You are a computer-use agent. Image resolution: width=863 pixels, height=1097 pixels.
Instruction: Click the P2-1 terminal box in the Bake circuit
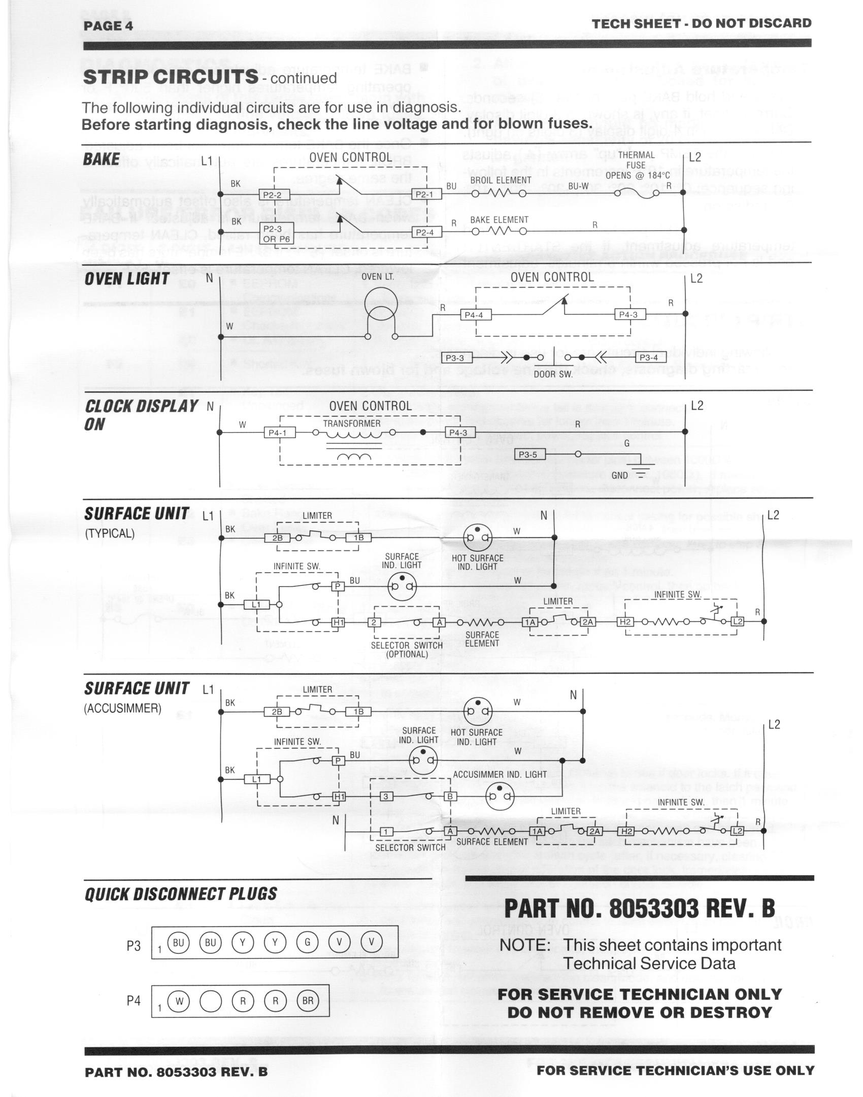tap(424, 194)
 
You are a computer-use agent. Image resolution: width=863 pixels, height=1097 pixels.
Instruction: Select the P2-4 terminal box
tap(424, 232)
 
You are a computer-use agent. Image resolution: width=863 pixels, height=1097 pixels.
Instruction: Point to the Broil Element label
tap(501, 180)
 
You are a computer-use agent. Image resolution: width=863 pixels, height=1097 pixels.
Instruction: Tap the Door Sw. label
tap(553, 374)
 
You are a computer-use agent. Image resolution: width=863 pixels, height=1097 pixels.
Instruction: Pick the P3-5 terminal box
tap(530, 454)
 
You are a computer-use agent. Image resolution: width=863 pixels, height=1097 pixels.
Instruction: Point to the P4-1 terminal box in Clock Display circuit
tap(279, 433)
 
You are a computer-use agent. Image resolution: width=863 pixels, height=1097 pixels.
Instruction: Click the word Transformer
tap(352, 423)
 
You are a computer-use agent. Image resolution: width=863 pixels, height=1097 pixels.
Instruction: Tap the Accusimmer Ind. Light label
tap(500, 774)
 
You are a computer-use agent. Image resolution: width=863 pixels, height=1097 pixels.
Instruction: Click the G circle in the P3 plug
tap(307, 942)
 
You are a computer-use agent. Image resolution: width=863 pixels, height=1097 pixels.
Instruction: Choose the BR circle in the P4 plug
tap(308, 1001)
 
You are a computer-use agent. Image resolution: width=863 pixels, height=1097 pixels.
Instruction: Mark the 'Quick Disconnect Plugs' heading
tap(181, 893)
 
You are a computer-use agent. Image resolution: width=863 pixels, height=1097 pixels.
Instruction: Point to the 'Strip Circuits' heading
tap(171, 77)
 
